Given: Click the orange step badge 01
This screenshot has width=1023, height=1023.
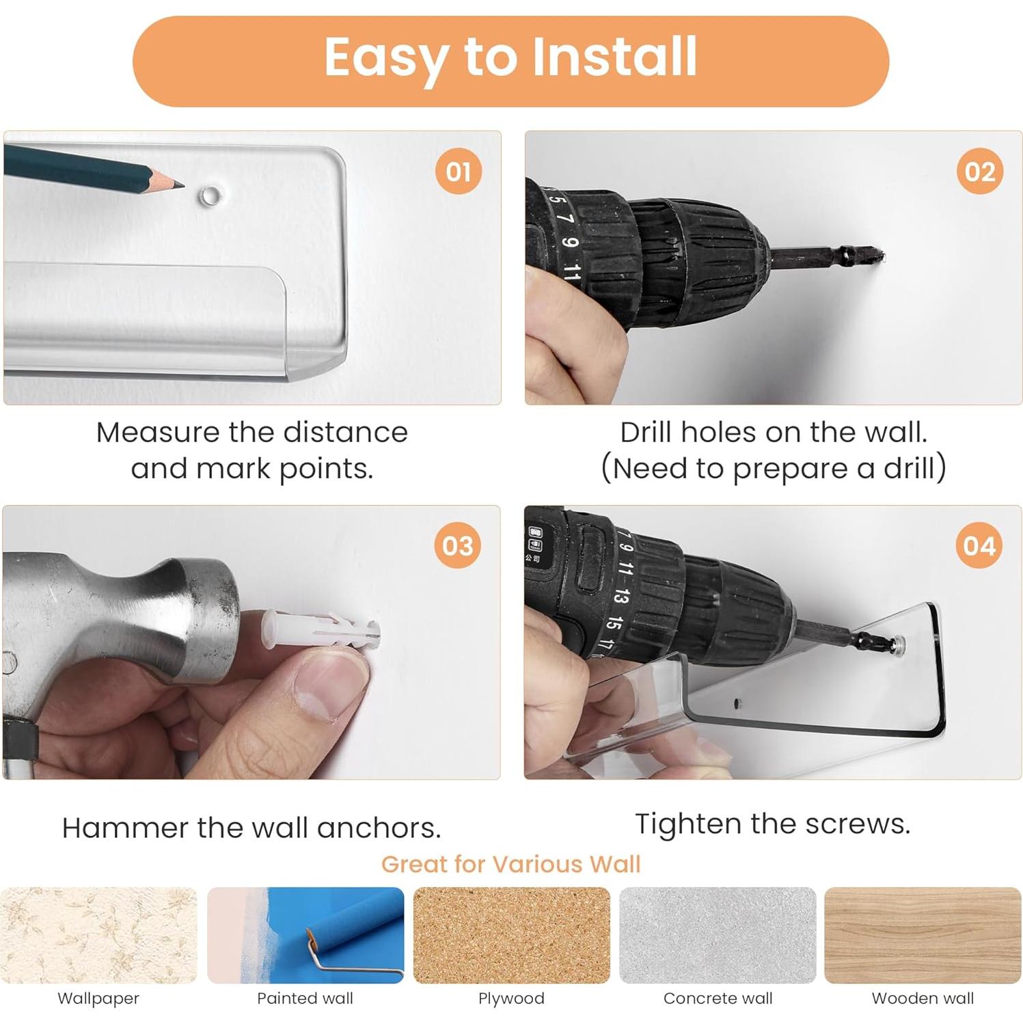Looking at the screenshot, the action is [x=458, y=171].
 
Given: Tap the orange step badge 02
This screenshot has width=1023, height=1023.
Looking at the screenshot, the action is [x=979, y=171].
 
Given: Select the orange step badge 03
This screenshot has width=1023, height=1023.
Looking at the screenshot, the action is [x=457, y=545].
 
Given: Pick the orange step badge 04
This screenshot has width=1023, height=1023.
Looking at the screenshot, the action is [x=979, y=545].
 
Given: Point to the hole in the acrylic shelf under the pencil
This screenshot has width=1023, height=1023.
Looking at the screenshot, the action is [x=210, y=196].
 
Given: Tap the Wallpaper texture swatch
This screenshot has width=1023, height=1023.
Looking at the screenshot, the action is [x=99, y=935].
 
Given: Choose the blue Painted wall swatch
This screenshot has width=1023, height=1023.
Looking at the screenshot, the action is [x=305, y=935].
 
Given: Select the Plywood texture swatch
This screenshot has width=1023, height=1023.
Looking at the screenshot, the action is [x=511, y=935].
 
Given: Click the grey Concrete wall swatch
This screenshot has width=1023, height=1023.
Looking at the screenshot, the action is [x=718, y=935].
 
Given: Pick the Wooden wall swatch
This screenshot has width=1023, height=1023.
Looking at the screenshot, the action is [x=923, y=935].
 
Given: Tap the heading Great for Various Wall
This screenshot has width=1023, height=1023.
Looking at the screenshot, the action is [x=510, y=864].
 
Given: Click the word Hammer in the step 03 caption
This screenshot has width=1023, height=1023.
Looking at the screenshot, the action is [x=125, y=828].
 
